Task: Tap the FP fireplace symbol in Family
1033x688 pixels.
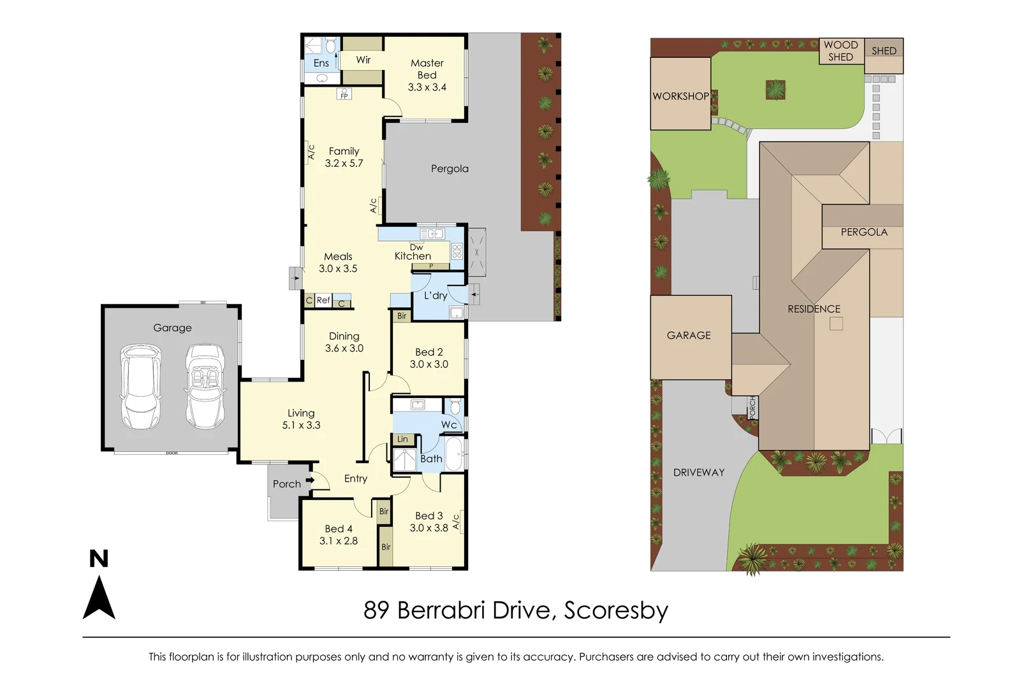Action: pyautogui.click(x=344, y=95)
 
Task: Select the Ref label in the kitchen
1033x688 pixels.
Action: pyautogui.click(x=323, y=300)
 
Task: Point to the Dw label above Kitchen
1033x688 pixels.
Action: pyautogui.click(x=416, y=247)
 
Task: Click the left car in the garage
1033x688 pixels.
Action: pyautogui.click(x=140, y=387)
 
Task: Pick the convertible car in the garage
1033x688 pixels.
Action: pyautogui.click(x=205, y=387)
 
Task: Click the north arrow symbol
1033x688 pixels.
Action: pyautogui.click(x=99, y=597)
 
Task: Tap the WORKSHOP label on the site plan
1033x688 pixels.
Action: pyautogui.click(x=680, y=96)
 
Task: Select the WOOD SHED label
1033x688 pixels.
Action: pyautogui.click(x=840, y=51)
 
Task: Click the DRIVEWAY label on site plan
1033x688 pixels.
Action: pyautogui.click(x=699, y=472)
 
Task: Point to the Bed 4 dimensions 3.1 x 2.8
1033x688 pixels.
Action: pyautogui.click(x=338, y=541)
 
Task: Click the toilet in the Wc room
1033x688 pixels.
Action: pyautogui.click(x=455, y=407)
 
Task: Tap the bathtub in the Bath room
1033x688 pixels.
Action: pyautogui.click(x=453, y=454)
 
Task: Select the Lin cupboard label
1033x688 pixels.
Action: pyautogui.click(x=402, y=439)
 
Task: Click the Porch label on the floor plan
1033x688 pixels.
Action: pyautogui.click(x=286, y=484)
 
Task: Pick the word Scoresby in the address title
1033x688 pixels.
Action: pyautogui.click(x=615, y=610)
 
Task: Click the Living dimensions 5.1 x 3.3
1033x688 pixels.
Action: pyautogui.click(x=301, y=425)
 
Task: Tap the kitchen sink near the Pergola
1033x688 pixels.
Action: pyautogui.click(x=432, y=234)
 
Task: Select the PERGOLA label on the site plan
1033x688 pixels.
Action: pyautogui.click(x=864, y=232)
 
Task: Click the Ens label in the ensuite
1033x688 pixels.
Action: pyautogui.click(x=321, y=63)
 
